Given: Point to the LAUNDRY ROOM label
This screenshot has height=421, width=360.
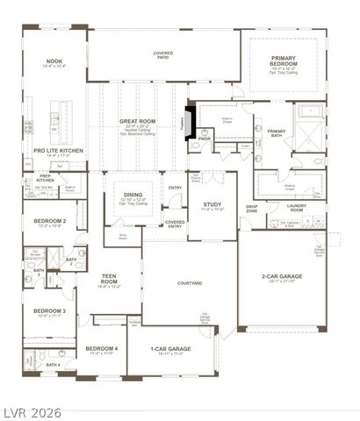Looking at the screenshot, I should [x=296, y=208].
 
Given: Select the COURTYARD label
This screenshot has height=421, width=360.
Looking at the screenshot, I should [x=190, y=283].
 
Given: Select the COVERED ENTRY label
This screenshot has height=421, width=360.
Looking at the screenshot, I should [x=175, y=224].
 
